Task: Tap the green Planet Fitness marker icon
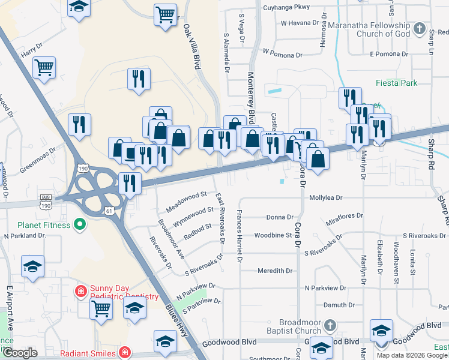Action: click(79, 226)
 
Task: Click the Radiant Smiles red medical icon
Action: click(124, 352)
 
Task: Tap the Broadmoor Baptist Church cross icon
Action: click(329, 326)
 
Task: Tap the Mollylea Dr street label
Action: click(325, 197)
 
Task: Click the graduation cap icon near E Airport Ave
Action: click(32, 266)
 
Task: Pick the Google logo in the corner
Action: click(20, 353)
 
